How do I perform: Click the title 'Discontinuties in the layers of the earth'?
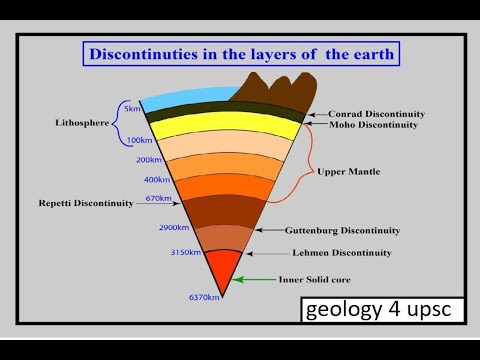coord(240,53)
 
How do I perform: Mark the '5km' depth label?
coord(131,107)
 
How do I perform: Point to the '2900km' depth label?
coord(173,229)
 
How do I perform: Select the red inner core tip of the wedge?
coord(222,270)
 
